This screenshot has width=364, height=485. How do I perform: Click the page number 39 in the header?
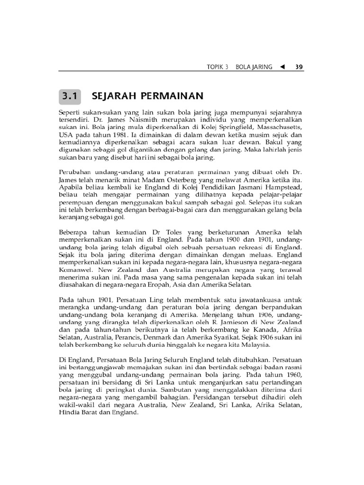299,67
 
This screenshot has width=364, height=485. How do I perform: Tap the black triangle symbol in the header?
282,67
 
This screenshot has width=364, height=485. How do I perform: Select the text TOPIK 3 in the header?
218,67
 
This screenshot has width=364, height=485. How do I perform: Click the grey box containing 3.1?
70,97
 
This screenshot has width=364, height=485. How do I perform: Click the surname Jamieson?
244,321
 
